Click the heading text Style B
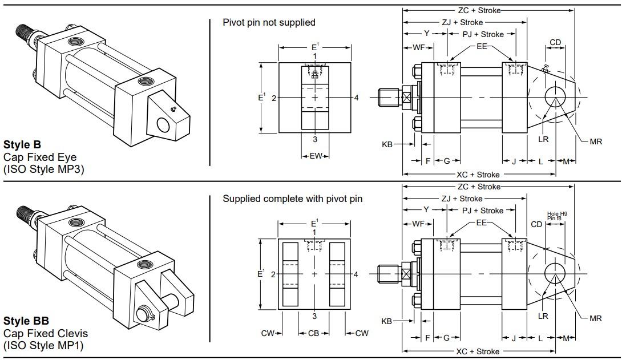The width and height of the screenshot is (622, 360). tap(22, 145)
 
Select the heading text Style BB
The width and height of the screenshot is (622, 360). tap(26, 321)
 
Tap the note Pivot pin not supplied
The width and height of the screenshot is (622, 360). tap(269, 22)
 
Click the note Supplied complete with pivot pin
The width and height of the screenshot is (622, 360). tap(292, 199)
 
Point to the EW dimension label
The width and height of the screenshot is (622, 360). tap(315, 155)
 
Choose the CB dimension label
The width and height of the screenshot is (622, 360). tap(314, 333)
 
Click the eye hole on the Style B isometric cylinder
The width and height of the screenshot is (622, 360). tap(164, 126)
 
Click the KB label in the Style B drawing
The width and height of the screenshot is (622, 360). tap(387, 145)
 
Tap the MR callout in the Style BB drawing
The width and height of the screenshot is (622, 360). tap(595, 319)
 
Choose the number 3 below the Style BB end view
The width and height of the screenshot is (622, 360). tap(314, 315)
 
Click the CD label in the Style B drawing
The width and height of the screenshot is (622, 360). tap(555, 42)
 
